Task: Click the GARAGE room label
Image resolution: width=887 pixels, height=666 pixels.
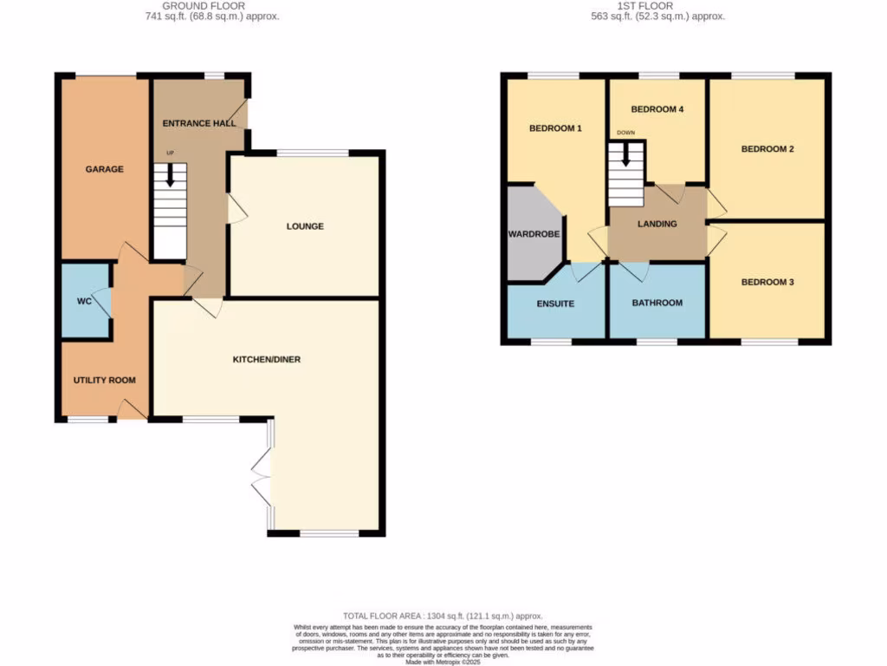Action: click(104, 169)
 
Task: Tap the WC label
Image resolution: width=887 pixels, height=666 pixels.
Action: click(84, 301)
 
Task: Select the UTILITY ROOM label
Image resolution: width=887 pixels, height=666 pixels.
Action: click(104, 380)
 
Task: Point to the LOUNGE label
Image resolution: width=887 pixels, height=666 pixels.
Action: click(305, 226)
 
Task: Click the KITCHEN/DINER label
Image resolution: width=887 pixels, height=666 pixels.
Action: click(266, 359)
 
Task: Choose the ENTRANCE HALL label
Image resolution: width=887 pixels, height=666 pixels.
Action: click(199, 123)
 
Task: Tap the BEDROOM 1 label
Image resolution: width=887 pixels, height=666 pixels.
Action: click(555, 128)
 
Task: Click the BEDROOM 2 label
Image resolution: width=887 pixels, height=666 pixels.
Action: click(767, 148)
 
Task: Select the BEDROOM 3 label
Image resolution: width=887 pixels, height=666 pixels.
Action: click(767, 282)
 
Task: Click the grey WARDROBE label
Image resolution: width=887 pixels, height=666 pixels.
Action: click(532, 234)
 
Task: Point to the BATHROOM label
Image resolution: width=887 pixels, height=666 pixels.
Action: click(657, 303)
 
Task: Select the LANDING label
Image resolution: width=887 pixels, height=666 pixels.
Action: click(657, 224)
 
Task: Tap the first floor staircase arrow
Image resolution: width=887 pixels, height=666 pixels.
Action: click(626, 158)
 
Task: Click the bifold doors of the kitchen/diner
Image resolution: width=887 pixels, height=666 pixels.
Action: click(261, 474)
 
